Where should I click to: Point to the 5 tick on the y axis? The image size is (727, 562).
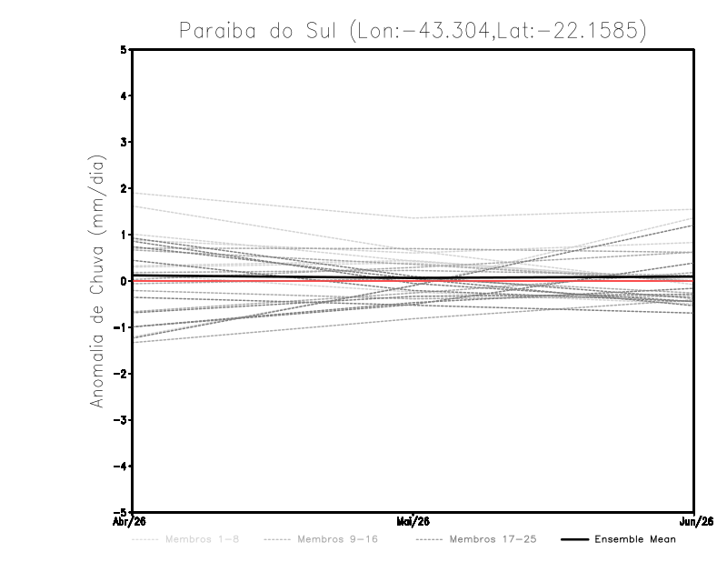tap(124, 49)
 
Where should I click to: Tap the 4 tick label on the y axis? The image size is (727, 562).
tap(124, 95)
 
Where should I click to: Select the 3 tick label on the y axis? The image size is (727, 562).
tap(124, 142)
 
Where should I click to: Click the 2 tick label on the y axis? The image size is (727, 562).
tap(124, 188)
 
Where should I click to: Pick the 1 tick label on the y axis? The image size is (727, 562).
tap(124, 235)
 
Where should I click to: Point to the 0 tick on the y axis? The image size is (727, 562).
tap(124, 281)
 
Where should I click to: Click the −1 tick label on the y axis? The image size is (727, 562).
tap(122, 327)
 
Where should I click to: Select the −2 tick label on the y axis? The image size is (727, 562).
tap(122, 374)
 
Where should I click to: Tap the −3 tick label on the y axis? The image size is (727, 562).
tap(122, 420)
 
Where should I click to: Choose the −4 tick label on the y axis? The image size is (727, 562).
tap(122, 467)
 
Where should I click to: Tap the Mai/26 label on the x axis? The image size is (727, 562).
tap(413, 521)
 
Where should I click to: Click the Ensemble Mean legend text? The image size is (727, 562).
tap(635, 539)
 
